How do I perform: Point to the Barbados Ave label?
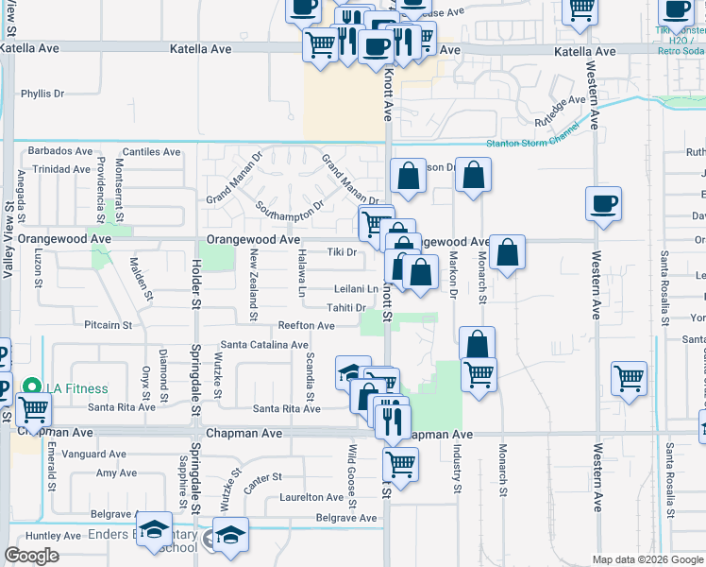[x=60, y=150]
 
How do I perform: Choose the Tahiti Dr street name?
[x=346, y=307]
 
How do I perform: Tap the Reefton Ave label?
[x=306, y=325]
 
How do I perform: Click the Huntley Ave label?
[x=28, y=536]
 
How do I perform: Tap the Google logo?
[x=32, y=556]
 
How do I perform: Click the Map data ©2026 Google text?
[x=647, y=559]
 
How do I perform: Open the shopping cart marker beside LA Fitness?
[x=33, y=410]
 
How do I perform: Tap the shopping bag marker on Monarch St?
[x=507, y=252]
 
